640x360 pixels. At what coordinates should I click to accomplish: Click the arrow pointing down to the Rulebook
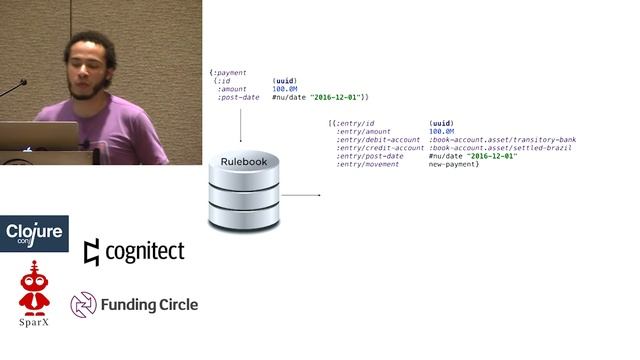(x=241, y=124)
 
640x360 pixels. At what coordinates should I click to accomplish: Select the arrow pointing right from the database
(x=301, y=195)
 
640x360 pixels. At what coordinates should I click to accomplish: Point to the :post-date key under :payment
(x=239, y=97)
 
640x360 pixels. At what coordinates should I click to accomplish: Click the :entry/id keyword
(x=358, y=123)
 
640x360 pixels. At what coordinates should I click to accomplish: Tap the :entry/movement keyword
(x=368, y=164)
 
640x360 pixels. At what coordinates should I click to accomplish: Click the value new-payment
(x=454, y=164)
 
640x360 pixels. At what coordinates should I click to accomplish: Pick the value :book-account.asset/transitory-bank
(x=502, y=140)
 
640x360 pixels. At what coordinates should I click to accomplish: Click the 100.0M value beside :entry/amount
(x=441, y=131)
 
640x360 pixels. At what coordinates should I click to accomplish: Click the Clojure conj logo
(x=35, y=234)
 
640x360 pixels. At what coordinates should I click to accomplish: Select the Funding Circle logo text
(x=148, y=304)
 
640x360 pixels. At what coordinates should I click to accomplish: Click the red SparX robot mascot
(x=35, y=287)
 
